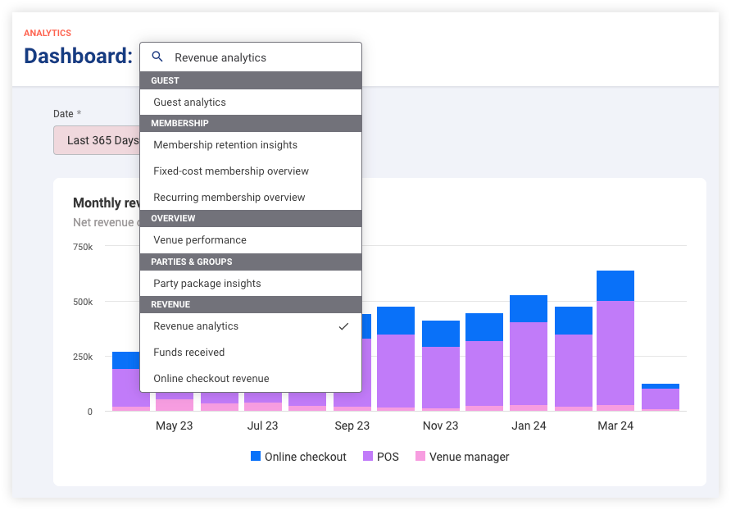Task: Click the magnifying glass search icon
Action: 157,57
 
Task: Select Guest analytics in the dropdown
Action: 189,102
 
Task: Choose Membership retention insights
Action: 225,145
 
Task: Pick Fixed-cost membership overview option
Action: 231,171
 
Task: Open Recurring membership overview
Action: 229,198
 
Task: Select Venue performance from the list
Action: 199,240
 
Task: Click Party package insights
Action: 207,283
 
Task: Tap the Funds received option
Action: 188,353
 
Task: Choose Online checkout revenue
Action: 211,379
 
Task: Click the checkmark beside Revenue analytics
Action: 343,326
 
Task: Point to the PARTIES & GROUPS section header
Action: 191,262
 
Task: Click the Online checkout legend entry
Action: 298,457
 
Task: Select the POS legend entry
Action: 381,457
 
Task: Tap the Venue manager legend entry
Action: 462,457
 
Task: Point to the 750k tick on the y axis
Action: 83,247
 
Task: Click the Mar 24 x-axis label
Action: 615,426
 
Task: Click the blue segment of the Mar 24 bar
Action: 615,285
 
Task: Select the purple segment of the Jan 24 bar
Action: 529,363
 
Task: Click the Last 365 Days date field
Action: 97,140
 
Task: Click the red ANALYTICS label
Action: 48,33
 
